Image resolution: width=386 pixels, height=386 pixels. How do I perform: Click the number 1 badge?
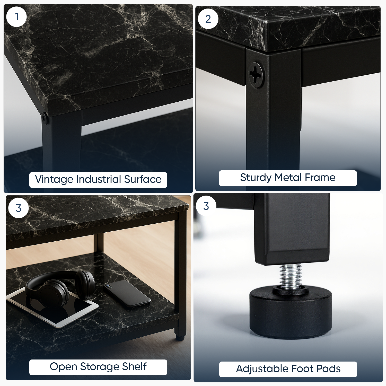(16, 17)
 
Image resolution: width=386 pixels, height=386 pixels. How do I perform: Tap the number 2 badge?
(208, 19)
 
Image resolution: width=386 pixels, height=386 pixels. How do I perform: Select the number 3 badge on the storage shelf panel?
(19, 208)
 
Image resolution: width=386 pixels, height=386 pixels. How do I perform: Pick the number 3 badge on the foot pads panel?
(206, 206)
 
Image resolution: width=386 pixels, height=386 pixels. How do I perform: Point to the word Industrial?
(99, 179)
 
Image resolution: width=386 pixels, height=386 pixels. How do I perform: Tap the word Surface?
(143, 179)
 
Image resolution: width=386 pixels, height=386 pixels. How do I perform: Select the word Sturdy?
(256, 178)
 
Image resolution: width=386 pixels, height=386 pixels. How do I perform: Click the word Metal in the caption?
(288, 177)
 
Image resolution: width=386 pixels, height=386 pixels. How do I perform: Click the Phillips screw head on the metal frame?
(257, 75)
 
